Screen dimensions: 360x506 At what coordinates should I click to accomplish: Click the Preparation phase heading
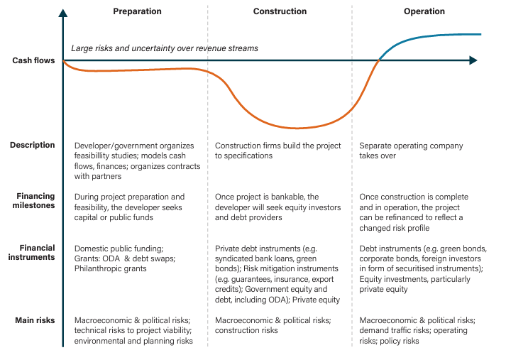point(137,11)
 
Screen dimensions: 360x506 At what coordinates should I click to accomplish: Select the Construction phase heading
point(280,11)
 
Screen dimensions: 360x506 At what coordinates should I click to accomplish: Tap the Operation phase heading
point(424,11)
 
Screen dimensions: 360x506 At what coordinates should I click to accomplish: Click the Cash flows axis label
point(33,61)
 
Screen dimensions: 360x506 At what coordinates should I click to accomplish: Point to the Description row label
point(32,145)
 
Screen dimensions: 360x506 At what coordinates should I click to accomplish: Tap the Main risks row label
point(35,320)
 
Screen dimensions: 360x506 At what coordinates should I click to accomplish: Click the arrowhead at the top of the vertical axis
point(63,12)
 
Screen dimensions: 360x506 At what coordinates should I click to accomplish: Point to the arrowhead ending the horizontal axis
point(473,61)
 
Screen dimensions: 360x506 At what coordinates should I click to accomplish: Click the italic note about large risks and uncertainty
point(165,48)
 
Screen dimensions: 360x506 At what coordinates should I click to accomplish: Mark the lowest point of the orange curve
point(298,128)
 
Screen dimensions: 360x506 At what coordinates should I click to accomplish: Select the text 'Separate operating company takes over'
point(411,151)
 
